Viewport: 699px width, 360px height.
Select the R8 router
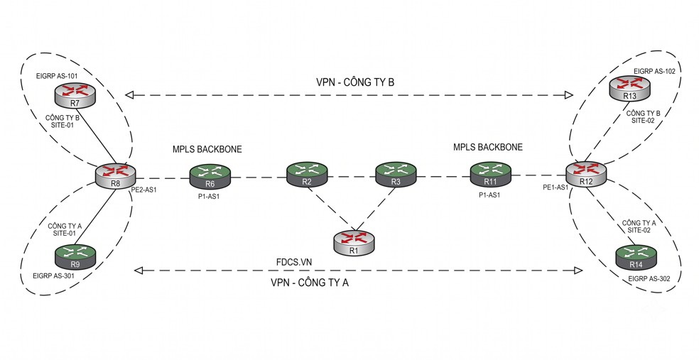pos(116,175)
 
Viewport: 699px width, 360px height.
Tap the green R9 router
pos(75,257)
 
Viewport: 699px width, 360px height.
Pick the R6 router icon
pos(210,177)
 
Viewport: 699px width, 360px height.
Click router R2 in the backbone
pos(307,175)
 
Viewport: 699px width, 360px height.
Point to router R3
pos(396,175)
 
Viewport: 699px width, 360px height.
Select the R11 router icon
pos(490,175)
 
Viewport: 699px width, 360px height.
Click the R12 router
pos(586,174)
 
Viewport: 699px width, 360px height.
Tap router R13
pos(630,89)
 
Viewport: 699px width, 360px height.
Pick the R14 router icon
pos(636,258)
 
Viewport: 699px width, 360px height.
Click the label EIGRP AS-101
pos(57,76)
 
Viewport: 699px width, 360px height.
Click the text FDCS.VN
pos(294,262)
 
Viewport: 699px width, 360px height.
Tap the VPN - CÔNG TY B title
pos(355,82)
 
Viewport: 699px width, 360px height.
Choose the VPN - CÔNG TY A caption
pos(310,283)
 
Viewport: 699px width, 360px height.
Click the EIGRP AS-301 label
pos(53,276)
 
